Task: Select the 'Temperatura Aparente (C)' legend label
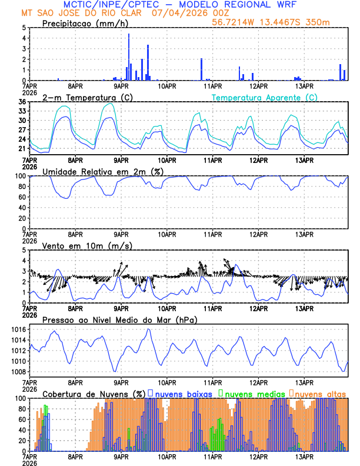pos(264,97)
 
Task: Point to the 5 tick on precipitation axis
pos(24,28)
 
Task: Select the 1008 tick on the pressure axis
pos(19,372)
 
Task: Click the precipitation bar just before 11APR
pos(201,69)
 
